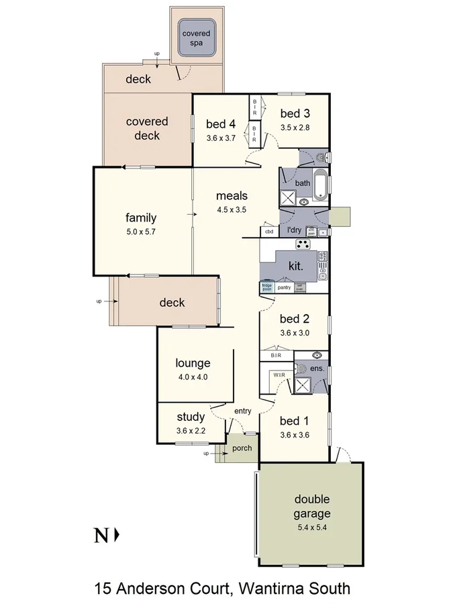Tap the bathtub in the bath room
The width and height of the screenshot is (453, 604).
point(321,185)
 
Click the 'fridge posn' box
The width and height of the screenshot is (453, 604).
point(266,287)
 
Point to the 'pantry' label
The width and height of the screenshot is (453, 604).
point(284,287)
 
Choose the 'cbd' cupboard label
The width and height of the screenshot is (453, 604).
point(270,232)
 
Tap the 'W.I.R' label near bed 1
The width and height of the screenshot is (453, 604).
point(279,374)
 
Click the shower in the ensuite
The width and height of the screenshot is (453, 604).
point(302,385)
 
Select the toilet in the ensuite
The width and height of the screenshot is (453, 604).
point(302,368)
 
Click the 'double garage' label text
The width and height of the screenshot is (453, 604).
point(311,507)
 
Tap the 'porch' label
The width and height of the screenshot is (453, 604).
point(242,448)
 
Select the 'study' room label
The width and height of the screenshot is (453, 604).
point(191,417)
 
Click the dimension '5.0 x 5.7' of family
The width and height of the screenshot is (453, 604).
point(141,232)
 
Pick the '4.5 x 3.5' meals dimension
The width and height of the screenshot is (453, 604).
point(232,209)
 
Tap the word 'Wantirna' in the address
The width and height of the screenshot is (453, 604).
point(281,589)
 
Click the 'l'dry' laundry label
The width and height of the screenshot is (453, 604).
point(294,230)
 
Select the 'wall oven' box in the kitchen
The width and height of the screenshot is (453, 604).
point(301,287)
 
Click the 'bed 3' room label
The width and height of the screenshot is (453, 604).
point(295,113)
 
